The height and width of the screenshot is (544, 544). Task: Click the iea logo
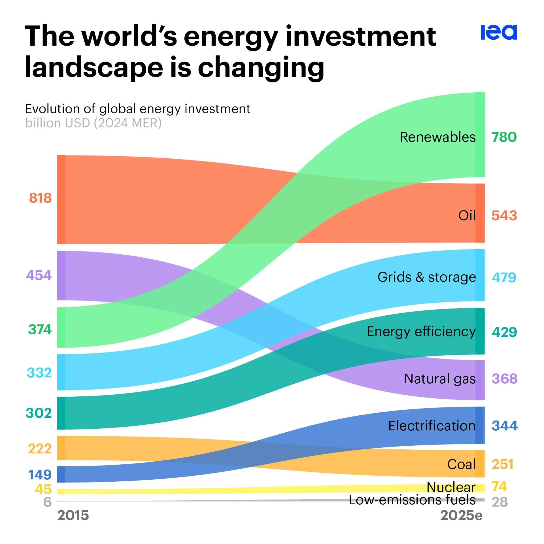[x=499, y=32]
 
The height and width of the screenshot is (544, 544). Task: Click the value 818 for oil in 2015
[x=40, y=198]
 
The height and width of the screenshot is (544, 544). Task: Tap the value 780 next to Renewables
[x=504, y=137]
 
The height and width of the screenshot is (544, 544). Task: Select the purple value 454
[x=39, y=275]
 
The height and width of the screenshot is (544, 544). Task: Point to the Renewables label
[x=437, y=137]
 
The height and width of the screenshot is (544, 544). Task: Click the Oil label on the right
[x=467, y=216]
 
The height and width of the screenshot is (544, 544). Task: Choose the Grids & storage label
[x=426, y=277]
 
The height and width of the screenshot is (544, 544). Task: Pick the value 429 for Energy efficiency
[x=504, y=332]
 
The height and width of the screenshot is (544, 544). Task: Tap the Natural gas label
[x=440, y=379]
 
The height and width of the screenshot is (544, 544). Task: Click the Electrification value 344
[x=504, y=426]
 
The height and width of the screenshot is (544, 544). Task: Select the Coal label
[x=461, y=464]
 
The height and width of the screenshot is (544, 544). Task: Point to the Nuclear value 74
[x=499, y=486]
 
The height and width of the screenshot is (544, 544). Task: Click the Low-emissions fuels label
[x=412, y=500]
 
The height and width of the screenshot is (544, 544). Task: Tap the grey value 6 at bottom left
[x=48, y=502]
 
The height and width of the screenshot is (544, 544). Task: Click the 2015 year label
[x=73, y=515]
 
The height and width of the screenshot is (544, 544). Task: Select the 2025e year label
[x=461, y=515]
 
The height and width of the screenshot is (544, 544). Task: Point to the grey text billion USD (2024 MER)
[x=93, y=123]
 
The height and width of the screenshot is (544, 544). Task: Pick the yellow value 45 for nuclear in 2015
[x=43, y=489]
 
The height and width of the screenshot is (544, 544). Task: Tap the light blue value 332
[x=39, y=373]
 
